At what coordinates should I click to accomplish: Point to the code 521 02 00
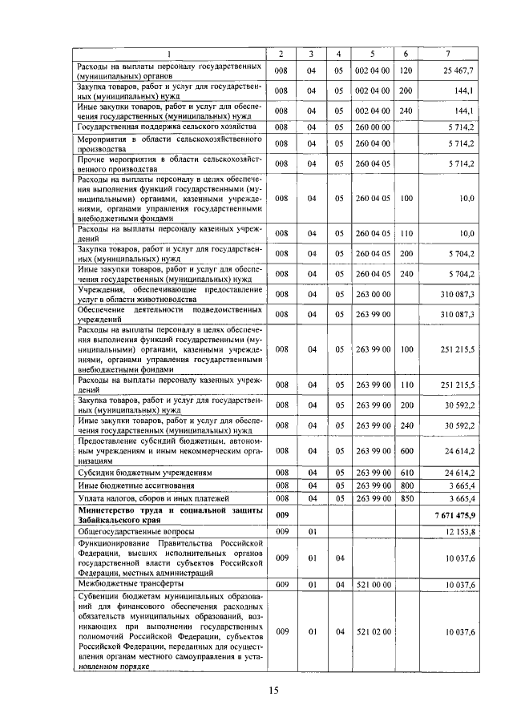(372, 633)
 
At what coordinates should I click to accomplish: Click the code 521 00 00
(372, 586)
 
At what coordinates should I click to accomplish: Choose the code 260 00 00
(372, 127)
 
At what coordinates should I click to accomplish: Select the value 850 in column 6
(406, 497)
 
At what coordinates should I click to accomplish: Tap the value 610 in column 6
(406, 473)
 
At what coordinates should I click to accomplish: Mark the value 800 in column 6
(406, 485)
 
